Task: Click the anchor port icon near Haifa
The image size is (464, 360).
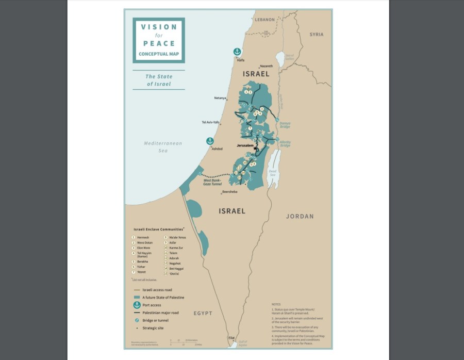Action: tap(237, 52)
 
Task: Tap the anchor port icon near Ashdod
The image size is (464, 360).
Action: tap(210, 141)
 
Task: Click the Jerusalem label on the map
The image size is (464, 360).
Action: tap(245, 145)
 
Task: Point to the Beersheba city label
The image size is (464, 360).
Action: tap(229, 192)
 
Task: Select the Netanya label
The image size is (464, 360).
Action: tap(220, 98)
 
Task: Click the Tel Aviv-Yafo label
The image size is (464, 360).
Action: tap(210, 122)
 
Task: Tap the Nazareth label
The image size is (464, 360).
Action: tap(266, 66)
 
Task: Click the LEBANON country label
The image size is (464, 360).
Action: tap(265, 19)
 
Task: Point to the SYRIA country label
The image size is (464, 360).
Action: tap(317, 35)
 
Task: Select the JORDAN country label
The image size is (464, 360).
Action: tap(300, 216)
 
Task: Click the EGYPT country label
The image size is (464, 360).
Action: tap(203, 313)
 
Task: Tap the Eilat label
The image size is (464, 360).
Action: tap(231, 338)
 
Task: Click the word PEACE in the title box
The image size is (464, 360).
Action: tap(159, 44)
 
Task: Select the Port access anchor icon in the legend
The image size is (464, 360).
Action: tap(137, 305)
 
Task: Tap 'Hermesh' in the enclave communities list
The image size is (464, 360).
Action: tap(143, 237)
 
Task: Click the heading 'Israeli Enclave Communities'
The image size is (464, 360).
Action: tap(158, 228)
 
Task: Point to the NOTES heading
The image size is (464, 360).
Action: tap(276, 304)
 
